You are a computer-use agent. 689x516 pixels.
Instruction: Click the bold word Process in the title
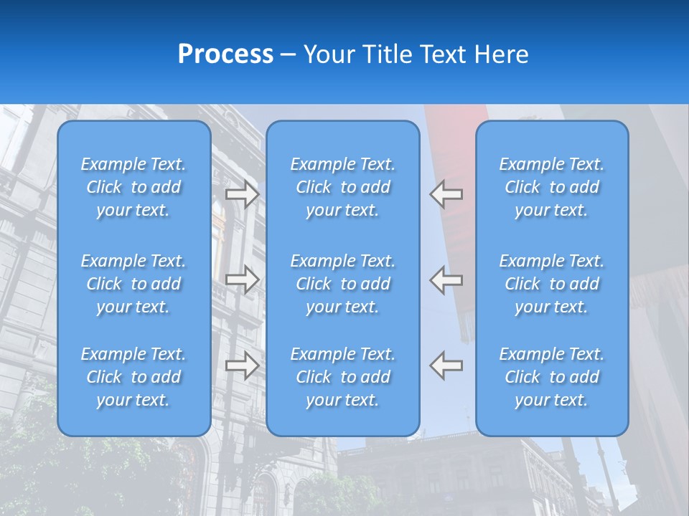pyautogui.click(x=225, y=54)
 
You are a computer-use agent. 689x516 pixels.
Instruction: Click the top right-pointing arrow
pyautogui.click(x=242, y=194)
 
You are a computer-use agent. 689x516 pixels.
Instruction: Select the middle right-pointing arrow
pyautogui.click(x=242, y=279)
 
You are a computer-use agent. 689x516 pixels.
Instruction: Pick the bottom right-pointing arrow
pyautogui.click(x=242, y=365)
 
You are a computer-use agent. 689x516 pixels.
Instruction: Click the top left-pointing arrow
pyautogui.click(x=446, y=194)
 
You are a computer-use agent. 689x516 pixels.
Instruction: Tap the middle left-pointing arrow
pyautogui.click(x=446, y=279)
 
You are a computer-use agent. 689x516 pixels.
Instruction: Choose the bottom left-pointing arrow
pyautogui.click(x=446, y=365)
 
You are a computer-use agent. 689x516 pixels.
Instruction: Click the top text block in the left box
pyautogui.click(x=133, y=187)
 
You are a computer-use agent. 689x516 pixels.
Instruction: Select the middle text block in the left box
pyautogui.click(x=133, y=284)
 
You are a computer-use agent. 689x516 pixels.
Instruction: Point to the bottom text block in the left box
pyautogui.click(x=133, y=377)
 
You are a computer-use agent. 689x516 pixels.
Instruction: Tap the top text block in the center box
pyautogui.click(x=342, y=187)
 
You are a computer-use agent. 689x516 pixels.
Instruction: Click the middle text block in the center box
pyautogui.click(x=342, y=284)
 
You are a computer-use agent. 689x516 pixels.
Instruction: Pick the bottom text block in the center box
pyautogui.click(x=342, y=377)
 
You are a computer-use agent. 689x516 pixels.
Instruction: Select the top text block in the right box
pyautogui.click(x=551, y=187)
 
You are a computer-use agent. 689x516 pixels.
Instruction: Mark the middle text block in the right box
pyautogui.click(x=551, y=284)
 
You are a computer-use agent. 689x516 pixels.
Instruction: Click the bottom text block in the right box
pyautogui.click(x=551, y=377)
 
